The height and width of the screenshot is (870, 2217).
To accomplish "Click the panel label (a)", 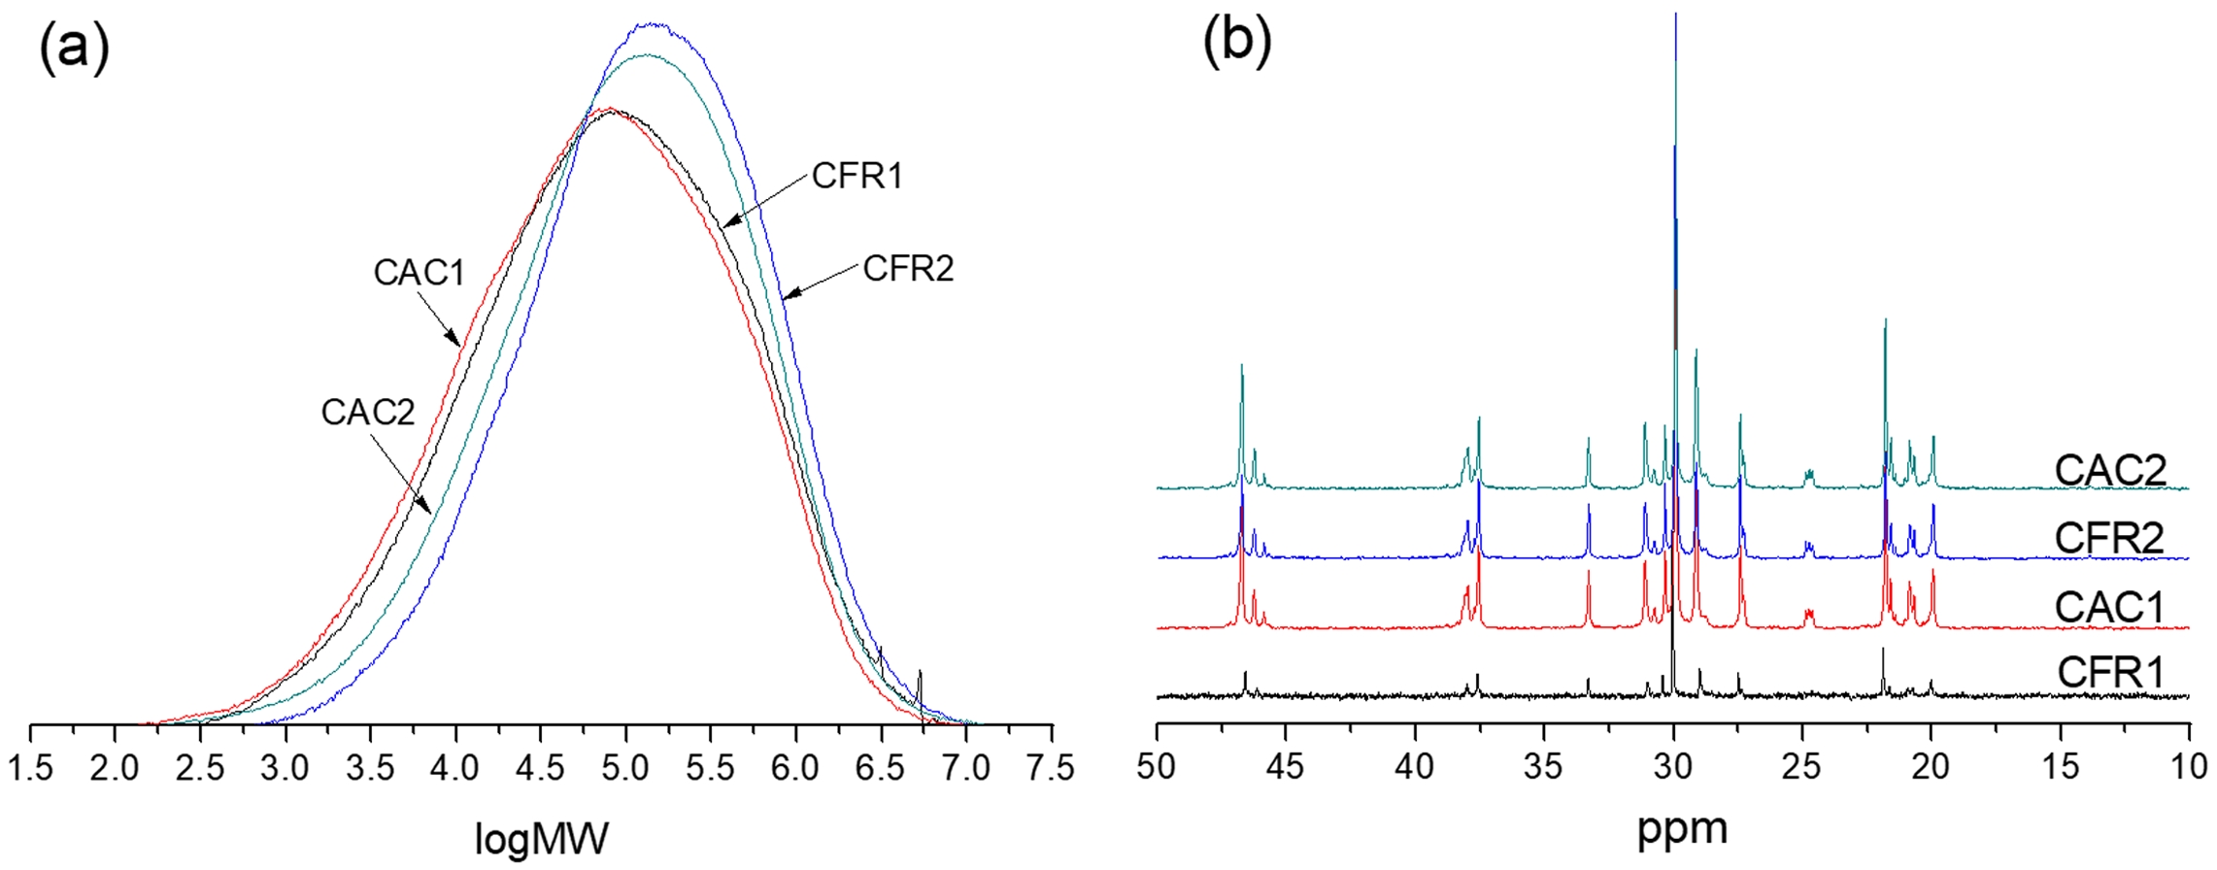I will tap(75, 50).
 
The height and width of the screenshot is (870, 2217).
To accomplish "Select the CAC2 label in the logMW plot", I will tap(368, 413).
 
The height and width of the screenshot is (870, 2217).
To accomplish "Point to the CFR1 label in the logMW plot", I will tap(857, 177).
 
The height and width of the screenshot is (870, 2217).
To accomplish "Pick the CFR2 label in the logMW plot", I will tap(908, 269).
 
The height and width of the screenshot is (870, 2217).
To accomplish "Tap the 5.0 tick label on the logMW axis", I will tap(625, 768).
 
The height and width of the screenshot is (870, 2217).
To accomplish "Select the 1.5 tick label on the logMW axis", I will tap(31, 768).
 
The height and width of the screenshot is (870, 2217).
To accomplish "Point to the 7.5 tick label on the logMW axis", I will tap(1051, 768).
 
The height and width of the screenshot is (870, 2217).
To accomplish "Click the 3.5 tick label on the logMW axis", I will tap(371, 768).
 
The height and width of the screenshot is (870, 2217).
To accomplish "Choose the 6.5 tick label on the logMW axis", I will tap(881, 768).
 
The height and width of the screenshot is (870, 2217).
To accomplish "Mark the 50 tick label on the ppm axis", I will tap(1157, 766).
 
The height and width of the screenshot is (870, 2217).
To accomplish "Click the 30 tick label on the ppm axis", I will tap(1673, 766).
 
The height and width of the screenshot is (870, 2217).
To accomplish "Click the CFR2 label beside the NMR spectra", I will tap(2109, 538).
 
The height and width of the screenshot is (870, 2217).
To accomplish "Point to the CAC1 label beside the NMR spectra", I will tap(2109, 608).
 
